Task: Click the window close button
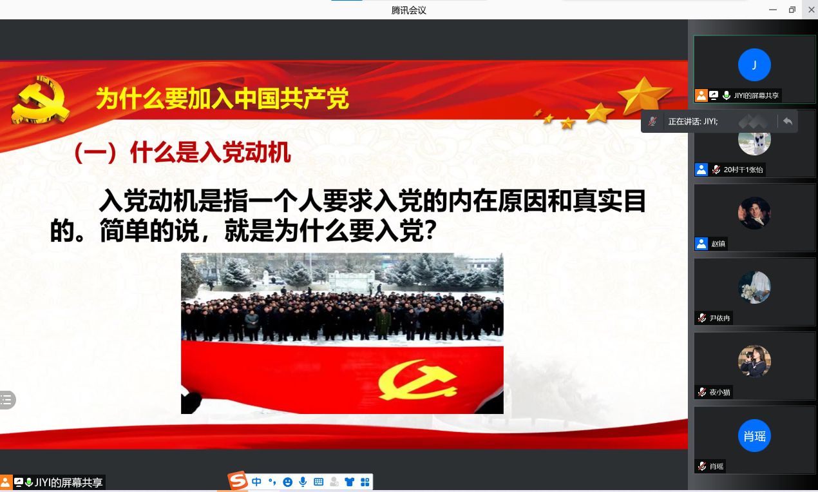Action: coord(811,10)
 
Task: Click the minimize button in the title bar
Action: coord(773,10)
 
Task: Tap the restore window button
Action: coord(792,10)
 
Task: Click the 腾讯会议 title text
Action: coord(408,10)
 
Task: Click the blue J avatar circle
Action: coord(754,64)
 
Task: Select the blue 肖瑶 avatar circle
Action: coord(754,436)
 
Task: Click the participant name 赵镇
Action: coord(718,244)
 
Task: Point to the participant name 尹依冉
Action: coord(719,318)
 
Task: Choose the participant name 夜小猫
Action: coord(719,392)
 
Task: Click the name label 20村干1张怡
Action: coord(743,170)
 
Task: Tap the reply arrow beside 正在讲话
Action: coord(788,121)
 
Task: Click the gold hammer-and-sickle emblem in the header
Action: coord(40,99)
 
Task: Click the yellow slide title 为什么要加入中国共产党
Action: coord(222,99)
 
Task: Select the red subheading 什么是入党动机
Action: coord(211,152)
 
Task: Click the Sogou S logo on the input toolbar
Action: coord(238,480)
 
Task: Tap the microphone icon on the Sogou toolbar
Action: coord(303,482)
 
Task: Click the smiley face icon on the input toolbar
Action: coord(288,482)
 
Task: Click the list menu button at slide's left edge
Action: coord(6,400)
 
